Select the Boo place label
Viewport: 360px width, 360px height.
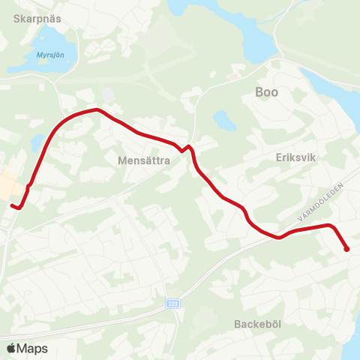click(x=267, y=92)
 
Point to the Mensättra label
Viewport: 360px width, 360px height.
click(x=145, y=160)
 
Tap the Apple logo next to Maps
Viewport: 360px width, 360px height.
click(x=11, y=348)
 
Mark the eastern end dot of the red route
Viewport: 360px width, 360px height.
click(x=346, y=249)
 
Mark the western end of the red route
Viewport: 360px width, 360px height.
click(x=12, y=205)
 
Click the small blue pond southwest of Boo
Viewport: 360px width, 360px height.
click(x=221, y=119)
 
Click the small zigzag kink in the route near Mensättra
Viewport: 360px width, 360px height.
click(x=185, y=148)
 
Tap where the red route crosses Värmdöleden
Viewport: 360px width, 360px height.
click(x=279, y=238)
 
